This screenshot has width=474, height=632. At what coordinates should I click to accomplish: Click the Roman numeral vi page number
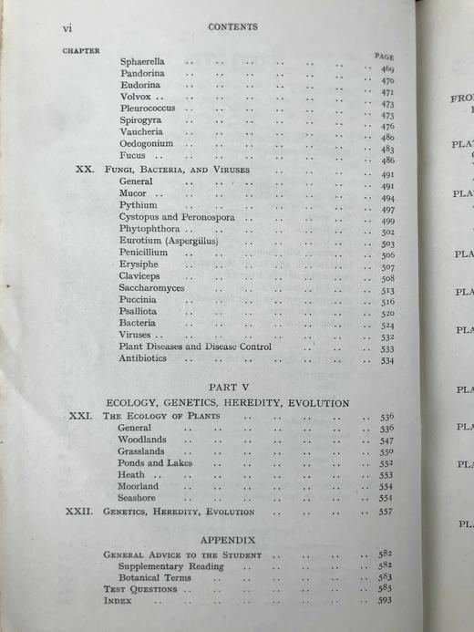(x=67, y=28)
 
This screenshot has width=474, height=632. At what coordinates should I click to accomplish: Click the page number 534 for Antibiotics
(x=386, y=360)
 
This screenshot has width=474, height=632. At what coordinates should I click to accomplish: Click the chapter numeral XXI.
(x=80, y=416)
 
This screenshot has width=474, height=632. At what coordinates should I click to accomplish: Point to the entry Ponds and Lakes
(x=155, y=462)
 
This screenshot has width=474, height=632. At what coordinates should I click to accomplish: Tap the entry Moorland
(x=138, y=486)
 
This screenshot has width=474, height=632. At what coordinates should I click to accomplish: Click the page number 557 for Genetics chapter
(x=386, y=512)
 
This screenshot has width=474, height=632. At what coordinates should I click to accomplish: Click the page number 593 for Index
(x=386, y=601)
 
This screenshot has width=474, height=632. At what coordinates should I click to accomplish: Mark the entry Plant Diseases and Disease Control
(x=195, y=347)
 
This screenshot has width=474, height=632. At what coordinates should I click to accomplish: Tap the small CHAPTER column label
(x=81, y=51)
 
